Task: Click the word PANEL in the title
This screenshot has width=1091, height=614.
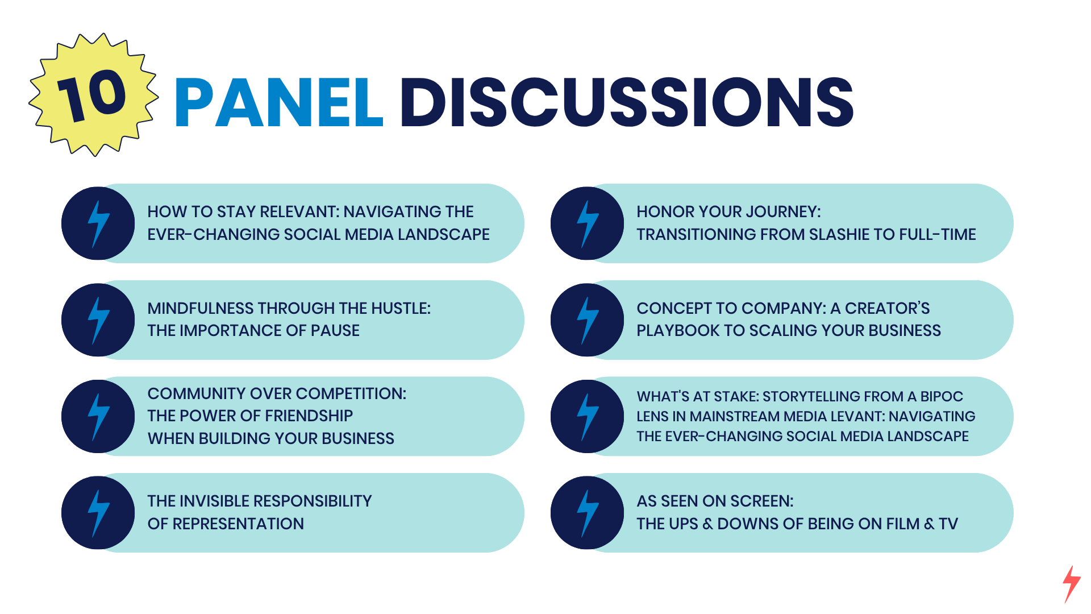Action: pyautogui.click(x=279, y=103)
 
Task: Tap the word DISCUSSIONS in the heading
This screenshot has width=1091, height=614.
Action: pyautogui.click(x=627, y=102)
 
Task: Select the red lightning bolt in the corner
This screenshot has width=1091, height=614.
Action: pyautogui.click(x=1072, y=584)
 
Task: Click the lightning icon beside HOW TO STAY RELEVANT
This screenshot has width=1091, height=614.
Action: pyautogui.click(x=98, y=223)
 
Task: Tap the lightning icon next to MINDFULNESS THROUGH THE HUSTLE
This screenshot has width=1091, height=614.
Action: pyautogui.click(x=98, y=320)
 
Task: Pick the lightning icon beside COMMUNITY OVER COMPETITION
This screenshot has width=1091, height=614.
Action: pyautogui.click(x=98, y=416)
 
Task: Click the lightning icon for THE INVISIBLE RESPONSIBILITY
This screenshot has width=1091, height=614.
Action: pyautogui.click(x=98, y=513)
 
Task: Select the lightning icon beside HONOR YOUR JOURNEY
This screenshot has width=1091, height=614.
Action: pyautogui.click(x=588, y=223)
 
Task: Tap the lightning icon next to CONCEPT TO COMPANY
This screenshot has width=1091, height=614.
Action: pyautogui.click(x=588, y=320)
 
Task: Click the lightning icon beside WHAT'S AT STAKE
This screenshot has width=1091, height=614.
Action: pyautogui.click(x=588, y=416)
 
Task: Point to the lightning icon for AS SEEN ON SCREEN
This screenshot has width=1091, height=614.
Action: pyautogui.click(x=588, y=513)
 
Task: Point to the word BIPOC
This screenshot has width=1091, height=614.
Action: pyautogui.click(x=942, y=396)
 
